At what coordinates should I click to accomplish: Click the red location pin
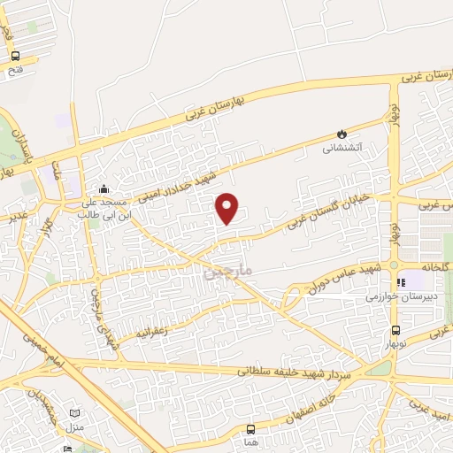228,208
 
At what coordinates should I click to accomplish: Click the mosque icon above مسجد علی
104,188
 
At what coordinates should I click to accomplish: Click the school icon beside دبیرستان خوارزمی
401,283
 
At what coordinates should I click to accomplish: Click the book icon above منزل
75,412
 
